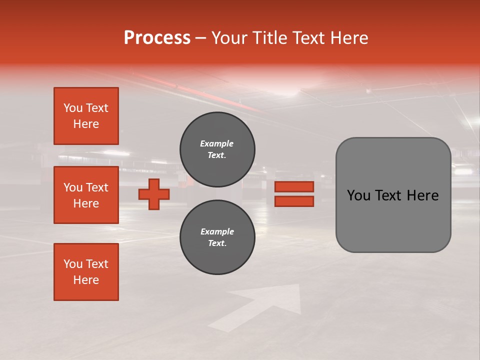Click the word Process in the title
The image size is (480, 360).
click(x=157, y=38)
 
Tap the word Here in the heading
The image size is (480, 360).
click(x=348, y=38)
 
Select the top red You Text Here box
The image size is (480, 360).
click(x=86, y=116)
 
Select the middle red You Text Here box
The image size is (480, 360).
click(x=86, y=195)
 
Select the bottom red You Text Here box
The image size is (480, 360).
click(x=86, y=272)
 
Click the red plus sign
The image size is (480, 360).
click(x=154, y=194)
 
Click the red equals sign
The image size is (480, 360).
click(x=294, y=194)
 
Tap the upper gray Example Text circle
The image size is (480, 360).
click(x=217, y=149)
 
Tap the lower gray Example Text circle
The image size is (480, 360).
click(x=217, y=237)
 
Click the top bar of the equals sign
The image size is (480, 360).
click(x=294, y=187)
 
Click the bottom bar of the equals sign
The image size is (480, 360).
click(x=294, y=201)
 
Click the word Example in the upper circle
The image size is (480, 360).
click(x=217, y=143)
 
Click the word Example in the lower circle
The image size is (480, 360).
click(x=217, y=231)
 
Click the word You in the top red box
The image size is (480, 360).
click(x=73, y=108)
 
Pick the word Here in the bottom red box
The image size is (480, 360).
click(x=86, y=280)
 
